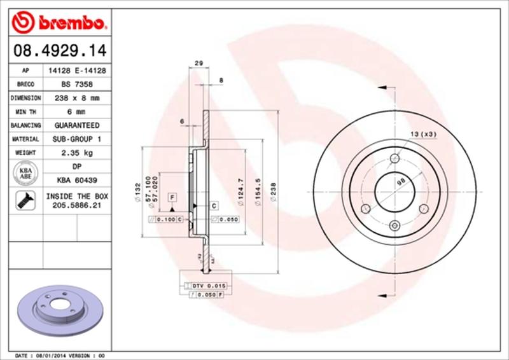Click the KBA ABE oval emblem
click(x=25, y=173)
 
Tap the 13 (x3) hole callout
click(x=422, y=134)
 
